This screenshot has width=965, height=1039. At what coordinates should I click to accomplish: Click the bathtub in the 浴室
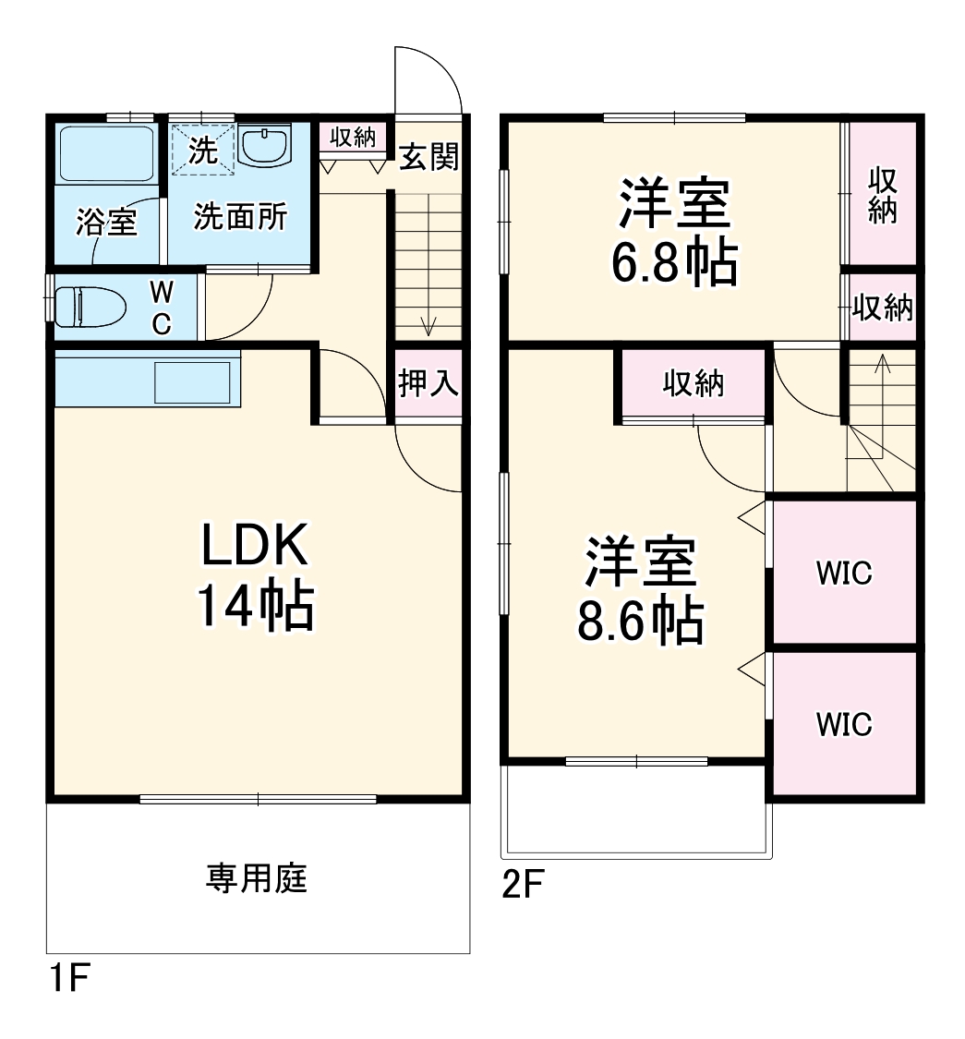(x=106, y=153)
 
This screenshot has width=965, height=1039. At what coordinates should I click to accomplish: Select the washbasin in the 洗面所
(x=265, y=147)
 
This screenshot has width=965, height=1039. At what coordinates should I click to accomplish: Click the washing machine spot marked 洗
(x=202, y=150)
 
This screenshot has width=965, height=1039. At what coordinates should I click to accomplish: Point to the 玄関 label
(x=428, y=157)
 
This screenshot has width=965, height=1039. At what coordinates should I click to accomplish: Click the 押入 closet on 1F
(x=428, y=383)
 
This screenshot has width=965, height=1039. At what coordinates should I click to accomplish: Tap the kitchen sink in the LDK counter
(x=192, y=381)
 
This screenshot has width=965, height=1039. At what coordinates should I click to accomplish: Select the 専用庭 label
(x=256, y=877)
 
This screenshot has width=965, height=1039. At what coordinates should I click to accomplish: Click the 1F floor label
(x=66, y=978)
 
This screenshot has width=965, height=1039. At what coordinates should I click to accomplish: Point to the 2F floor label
(x=521, y=886)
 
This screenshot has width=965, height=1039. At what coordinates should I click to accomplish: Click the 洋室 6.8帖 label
(x=674, y=234)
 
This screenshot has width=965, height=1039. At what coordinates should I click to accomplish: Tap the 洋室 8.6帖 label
(x=640, y=591)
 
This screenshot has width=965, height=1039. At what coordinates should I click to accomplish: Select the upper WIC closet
(x=843, y=573)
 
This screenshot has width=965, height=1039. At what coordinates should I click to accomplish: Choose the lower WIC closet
(x=843, y=725)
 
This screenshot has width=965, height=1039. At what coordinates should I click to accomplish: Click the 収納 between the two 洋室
(x=694, y=383)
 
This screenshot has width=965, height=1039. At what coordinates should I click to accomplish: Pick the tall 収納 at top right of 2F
(x=883, y=195)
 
